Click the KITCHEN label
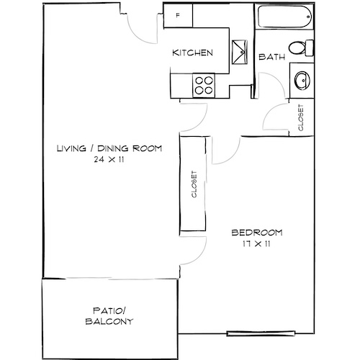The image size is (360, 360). pyautogui.click(x=192, y=53)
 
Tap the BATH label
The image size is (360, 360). pyautogui.click(x=272, y=58)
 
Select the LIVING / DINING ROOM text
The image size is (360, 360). pyautogui.click(x=109, y=149)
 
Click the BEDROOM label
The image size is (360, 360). pyautogui.click(x=256, y=233)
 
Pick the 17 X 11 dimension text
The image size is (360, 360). pyautogui.click(x=256, y=243)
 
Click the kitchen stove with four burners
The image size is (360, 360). pyautogui.click(x=204, y=86)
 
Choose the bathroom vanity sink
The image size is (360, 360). pyautogui.click(x=302, y=79)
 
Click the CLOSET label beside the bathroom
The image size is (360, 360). pyautogui.click(x=300, y=117)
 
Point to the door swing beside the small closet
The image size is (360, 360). pyautogui.click(x=276, y=118)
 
